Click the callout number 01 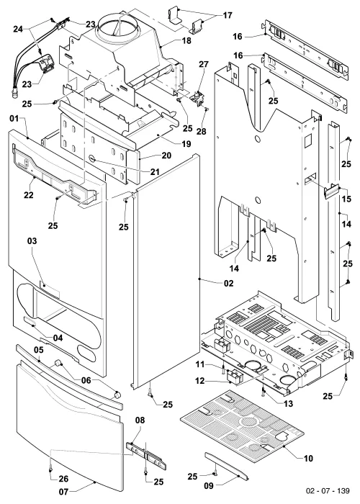pyautogui.click(x=14, y=118)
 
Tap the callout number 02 pyautogui.click(x=229, y=283)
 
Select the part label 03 pyautogui.click(x=32, y=240)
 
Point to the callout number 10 pyautogui.click(x=308, y=458)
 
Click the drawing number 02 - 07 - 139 pyautogui.click(x=328, y=490)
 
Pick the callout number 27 pyautogui.click(x=204, y=64)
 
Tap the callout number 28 pyautogui.click(x=202, y=131)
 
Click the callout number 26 pyautogui.click(x=63, y=479)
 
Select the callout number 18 pyautogui.click(x=186, y=40)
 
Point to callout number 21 pyautogui.click(x=155, y=171)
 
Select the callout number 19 pyautogui.click(x=186, y=144)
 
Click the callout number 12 pyautogui.click(x=200, y=381)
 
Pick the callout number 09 pyautogui.click(x=209, y=486)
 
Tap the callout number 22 pyautogui.click(x=29, y=195)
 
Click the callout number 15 pyautogui.click(x=346, y=199)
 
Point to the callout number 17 pyautogui.click(x=228, y=15)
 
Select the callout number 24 pyautogui.click(x=18, y=29)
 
